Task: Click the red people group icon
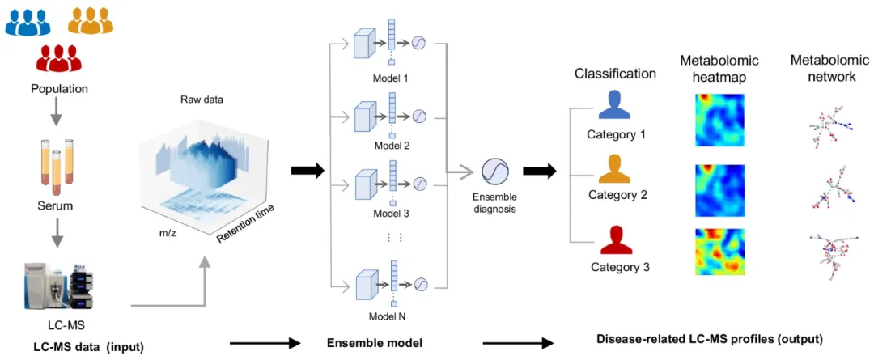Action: click(x=54, y=58)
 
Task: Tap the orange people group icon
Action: click(x=91, y=21)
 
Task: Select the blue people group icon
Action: click(x=28, y=21)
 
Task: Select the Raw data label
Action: click(x=202, y=100)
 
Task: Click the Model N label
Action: click(x=392, y=316)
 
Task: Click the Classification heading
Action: click(x=615, y=74)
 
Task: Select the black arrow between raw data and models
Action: click(x=307, y=170)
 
